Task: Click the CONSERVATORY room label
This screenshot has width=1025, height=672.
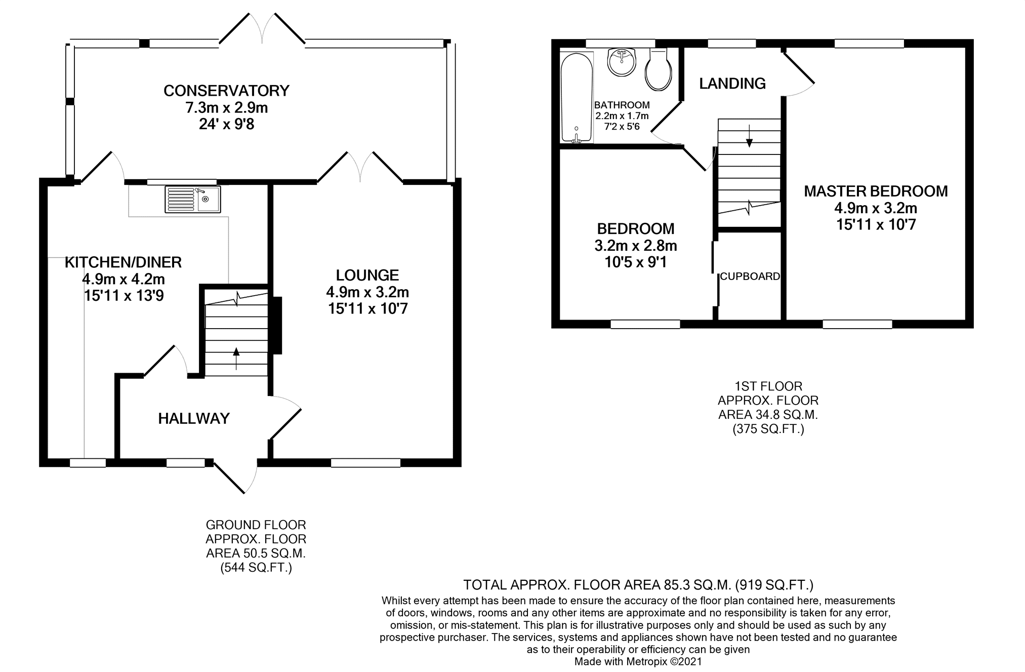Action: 226,91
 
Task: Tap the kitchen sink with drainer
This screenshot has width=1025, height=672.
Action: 192,199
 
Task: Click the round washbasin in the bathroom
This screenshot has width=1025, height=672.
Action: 622,63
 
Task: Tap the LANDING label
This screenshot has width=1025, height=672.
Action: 732,84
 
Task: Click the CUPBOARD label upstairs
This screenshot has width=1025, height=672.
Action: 750,276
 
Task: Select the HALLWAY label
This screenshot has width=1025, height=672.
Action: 194,418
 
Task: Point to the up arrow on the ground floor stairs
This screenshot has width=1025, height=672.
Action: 236,358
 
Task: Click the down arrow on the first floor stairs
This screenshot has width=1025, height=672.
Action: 749,135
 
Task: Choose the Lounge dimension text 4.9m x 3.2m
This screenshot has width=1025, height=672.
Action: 367,292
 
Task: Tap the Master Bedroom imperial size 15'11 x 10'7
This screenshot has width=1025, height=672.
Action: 876,224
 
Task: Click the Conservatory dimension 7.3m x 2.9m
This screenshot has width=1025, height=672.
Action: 226,108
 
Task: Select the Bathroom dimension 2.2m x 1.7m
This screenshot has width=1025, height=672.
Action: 622,116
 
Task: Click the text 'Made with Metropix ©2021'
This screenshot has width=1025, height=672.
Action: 638,661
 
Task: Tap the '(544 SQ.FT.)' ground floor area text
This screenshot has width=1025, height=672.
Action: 256,568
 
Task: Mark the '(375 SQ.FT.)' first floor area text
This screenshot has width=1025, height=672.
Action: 768,429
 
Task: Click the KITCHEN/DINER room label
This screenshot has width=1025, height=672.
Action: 123,262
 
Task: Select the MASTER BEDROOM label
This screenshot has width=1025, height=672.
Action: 876,191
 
